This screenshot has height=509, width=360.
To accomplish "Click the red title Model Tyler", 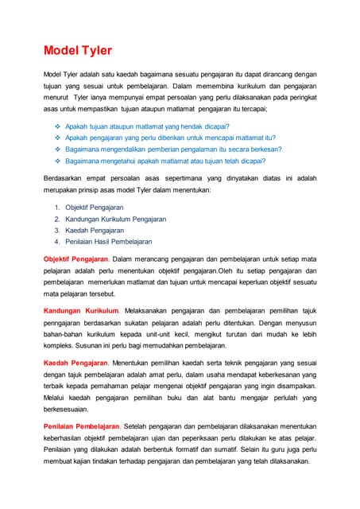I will point(78,52).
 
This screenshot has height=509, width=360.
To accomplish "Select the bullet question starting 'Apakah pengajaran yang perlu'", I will point(170,138).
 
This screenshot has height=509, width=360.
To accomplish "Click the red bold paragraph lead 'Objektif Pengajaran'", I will point(75,259).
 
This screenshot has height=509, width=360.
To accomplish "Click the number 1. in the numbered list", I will point(57,208).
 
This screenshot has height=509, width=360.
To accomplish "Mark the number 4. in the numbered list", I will point(57,241).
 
